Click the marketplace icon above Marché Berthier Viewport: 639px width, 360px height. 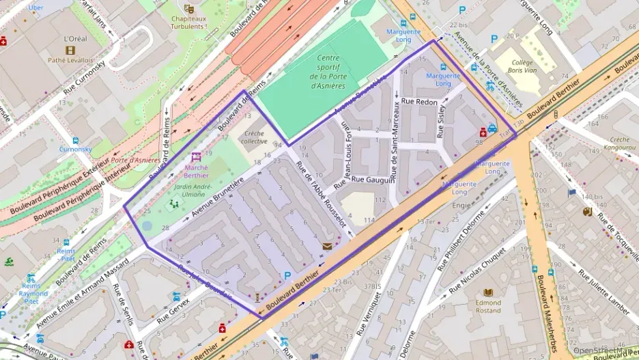[197, 156]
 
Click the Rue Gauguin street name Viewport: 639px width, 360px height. [373, 180]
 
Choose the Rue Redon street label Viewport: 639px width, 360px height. [419, 101]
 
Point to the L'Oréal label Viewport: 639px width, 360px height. [74, 39]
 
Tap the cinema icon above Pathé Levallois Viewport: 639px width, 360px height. [70, 50]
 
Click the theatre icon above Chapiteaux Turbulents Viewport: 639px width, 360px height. [189, 9]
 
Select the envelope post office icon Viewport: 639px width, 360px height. [328, 246]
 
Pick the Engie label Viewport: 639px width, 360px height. [461, 204]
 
